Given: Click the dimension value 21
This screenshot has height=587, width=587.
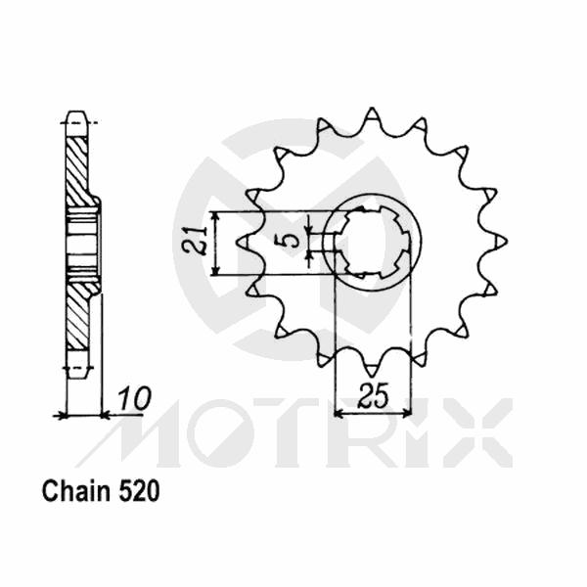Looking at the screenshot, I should (199, 241).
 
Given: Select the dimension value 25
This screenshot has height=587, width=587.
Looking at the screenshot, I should (373, 397).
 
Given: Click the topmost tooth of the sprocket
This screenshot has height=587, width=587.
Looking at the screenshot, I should (372, 115).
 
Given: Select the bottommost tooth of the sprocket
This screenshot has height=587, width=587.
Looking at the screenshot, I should (372, 366).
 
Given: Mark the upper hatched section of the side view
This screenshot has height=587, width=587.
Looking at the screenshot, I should (77, 166).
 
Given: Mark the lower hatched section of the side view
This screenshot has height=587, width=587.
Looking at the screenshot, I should (77, 318).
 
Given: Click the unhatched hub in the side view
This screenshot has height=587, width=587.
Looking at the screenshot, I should (82, 240).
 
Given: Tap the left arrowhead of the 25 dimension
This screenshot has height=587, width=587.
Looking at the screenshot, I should (339, 414).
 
